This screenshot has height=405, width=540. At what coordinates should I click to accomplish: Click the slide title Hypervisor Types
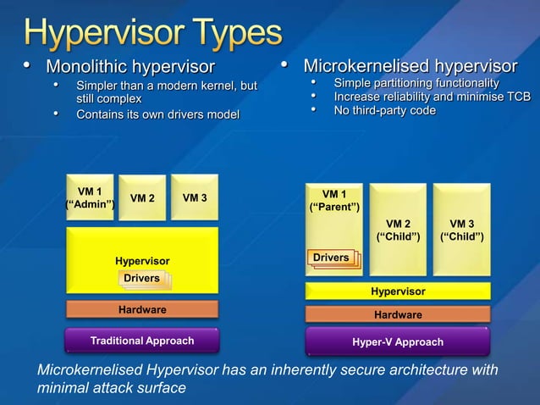[x=152, y=33]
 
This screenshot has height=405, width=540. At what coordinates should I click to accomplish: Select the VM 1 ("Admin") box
[x=90, y=197]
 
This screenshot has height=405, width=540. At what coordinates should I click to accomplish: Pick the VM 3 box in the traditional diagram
[x=194, y=197]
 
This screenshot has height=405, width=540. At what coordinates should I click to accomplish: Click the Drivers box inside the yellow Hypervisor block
[x=141, y=279]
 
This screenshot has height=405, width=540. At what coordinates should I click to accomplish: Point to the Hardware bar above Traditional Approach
[x=142, y=310]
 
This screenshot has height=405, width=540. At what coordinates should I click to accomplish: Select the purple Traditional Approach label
[x=142, y=341]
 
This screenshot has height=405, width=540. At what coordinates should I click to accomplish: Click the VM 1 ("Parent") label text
[x=333, y=201]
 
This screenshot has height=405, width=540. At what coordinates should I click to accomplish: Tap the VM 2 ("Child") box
[x=398, y=230]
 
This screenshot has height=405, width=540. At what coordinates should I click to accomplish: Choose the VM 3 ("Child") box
[x=461, y=230]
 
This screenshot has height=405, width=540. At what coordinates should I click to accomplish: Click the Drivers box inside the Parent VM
[x=331, y=258]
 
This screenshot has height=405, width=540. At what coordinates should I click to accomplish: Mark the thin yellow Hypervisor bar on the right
[x=398, y=291]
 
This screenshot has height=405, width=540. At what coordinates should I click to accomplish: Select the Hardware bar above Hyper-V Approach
[x=398, y=314]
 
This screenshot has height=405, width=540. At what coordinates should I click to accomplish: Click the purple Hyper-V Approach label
[x=398, y=342]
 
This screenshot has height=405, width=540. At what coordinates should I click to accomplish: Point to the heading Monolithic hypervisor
[x=129, y=67]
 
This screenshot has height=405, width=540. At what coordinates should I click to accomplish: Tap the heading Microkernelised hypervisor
[x=410, y=66]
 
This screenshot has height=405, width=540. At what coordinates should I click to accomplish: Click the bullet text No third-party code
[x=385, y=111]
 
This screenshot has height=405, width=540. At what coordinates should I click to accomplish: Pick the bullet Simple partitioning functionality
[x=416, y=83]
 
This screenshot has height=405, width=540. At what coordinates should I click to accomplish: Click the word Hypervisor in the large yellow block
[x=142, y=261]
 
